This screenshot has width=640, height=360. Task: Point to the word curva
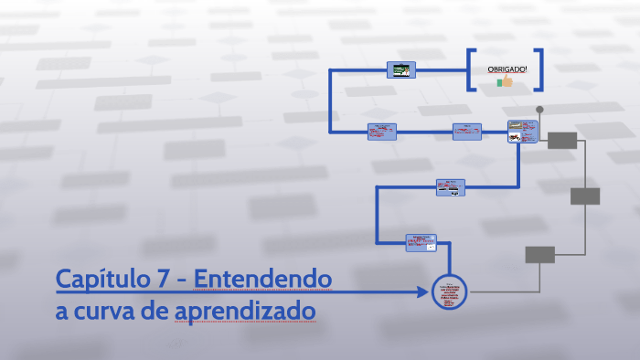point(109,312)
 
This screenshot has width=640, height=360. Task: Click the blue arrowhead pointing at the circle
point(422,292)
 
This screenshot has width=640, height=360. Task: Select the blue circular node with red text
point(449,292)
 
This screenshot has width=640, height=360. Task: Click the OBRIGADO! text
point(507,69)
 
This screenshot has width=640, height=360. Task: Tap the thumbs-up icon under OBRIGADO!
point(505,81)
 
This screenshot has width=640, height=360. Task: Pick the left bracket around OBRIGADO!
point(471,69)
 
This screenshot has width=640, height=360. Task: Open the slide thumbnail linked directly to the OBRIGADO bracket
point(401,69)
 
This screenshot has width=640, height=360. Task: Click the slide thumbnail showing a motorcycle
point(521,132)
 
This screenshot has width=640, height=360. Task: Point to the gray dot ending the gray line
point(539,110)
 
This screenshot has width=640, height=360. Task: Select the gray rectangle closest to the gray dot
point(562,140)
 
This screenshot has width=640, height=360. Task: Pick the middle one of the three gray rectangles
point(585,196)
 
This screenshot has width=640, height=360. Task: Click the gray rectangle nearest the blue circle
point(539,255)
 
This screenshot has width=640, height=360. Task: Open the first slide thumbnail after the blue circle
point(421,242)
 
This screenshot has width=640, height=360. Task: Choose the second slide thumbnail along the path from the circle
point(450,187)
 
